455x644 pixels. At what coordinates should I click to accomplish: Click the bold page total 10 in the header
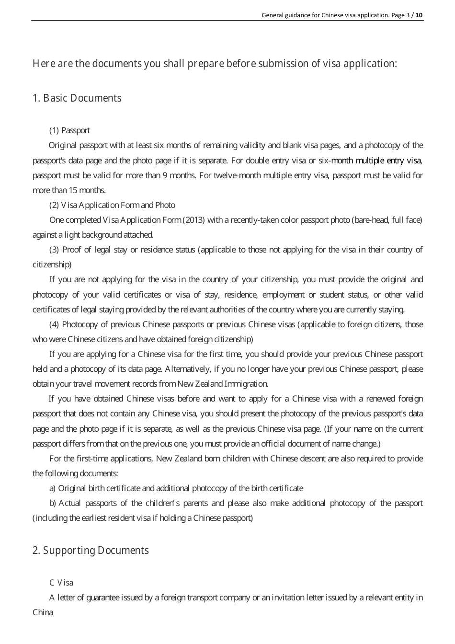pos(419,15)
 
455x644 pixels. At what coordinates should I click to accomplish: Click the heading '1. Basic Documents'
pos(77,98)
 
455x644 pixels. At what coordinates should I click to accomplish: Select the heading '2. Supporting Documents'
pos(91,551)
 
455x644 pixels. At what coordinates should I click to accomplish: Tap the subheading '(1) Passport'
pos(69,130)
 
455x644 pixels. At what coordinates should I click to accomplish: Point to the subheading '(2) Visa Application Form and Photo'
pos(112,205)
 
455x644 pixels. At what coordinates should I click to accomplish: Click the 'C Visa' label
pos(61,583)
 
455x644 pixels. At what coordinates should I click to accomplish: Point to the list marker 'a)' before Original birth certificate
pos(53,488)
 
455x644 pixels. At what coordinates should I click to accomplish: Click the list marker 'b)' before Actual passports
pos(53,503)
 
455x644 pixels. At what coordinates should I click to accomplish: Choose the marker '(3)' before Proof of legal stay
pos(54,250)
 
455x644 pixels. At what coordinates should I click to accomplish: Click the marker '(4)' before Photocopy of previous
pos(54,324)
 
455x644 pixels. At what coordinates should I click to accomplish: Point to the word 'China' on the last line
pos(43,612)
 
